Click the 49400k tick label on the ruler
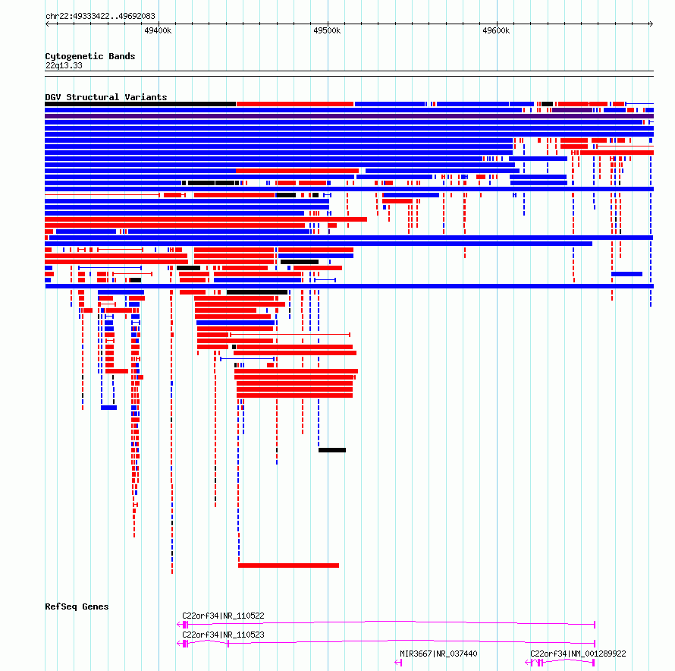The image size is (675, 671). point(158,30)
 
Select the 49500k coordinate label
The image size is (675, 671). point(327,30)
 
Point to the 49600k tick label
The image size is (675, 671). point(496,30)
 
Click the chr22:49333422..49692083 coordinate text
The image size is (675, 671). point(100,16)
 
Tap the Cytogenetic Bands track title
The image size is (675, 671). point(90,56)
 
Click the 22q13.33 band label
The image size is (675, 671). point(64,65)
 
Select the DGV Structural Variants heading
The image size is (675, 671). point(106,97)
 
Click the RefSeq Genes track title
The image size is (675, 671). point(77,606)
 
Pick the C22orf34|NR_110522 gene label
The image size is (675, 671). point(223,616)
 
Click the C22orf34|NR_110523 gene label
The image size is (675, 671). point(223,635)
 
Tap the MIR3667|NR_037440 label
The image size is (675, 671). point(438,654)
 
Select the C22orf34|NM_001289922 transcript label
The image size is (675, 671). point(578,654)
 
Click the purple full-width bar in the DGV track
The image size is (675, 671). point(349,116)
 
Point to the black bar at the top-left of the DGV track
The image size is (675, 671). point(140,104)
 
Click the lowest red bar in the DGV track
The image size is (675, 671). point(288,565)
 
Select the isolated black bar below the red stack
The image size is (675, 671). point(332,450)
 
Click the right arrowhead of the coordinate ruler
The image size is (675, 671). point(651,24)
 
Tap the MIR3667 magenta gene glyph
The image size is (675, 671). point(398,663)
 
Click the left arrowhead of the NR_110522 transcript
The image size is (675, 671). point(179,624)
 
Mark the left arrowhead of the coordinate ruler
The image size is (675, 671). point(47,24)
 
